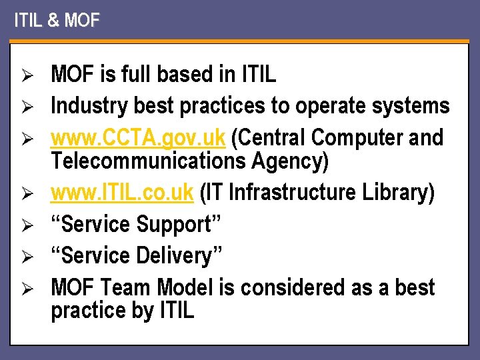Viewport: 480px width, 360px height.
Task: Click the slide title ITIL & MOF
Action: (57, 21)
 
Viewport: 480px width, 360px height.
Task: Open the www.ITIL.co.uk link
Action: (122, 193)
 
